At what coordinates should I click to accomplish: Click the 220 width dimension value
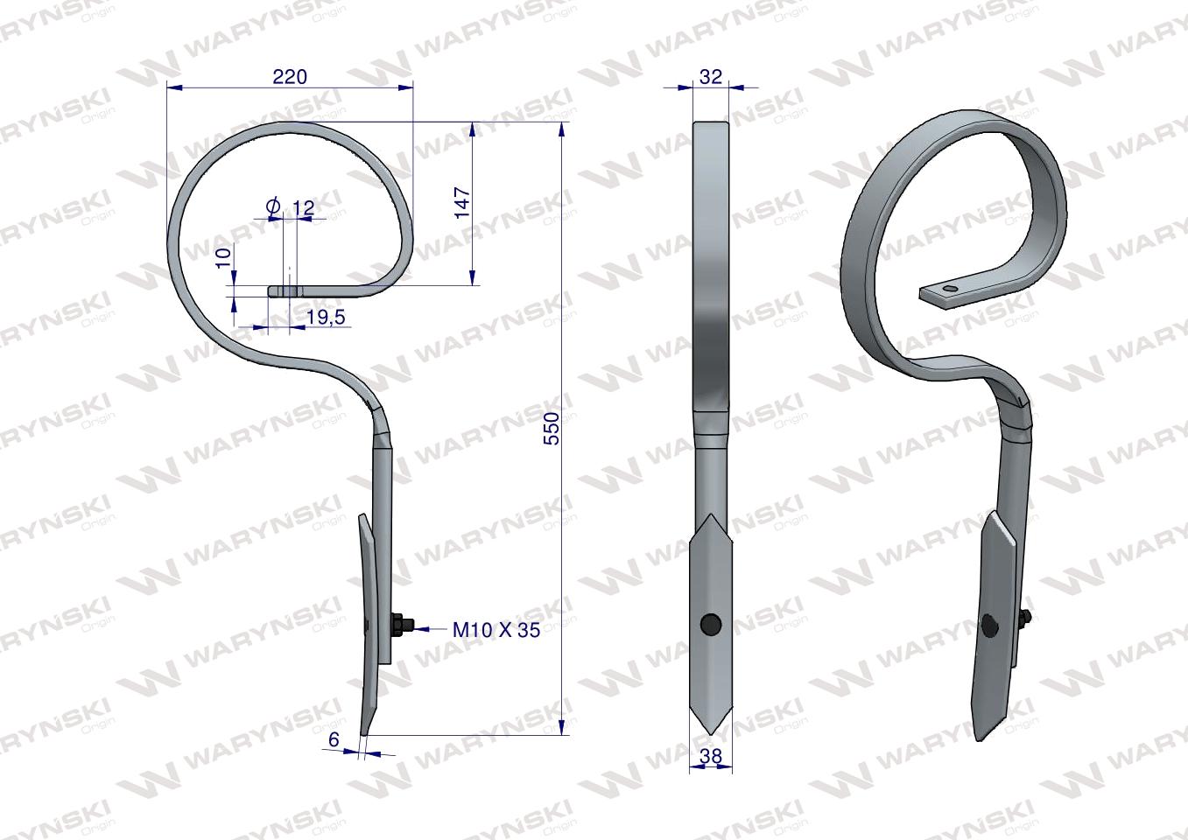click(x=290, y=76)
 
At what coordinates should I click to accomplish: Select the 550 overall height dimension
click(x=551, y=427)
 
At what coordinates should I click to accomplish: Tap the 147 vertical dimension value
click(x=462, y=202)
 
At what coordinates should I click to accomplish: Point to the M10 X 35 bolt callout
click(x=496, y=628)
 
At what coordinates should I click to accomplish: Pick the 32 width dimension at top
click(x=711, y=76)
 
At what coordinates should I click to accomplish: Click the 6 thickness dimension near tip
click(x=334, y=739)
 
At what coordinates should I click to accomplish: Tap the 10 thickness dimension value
click(x=223, y=257)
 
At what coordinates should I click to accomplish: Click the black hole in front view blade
click(x=711, y=624)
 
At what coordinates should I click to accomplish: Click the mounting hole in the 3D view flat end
click(x=950, y=288)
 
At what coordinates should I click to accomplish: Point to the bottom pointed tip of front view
click(x=711, y=731)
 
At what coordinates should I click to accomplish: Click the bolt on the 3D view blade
click(x=1024, y=622)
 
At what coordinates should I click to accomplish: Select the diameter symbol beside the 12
click(x=272, y=207)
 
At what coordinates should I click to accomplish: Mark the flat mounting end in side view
click(x=285, y=290)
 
